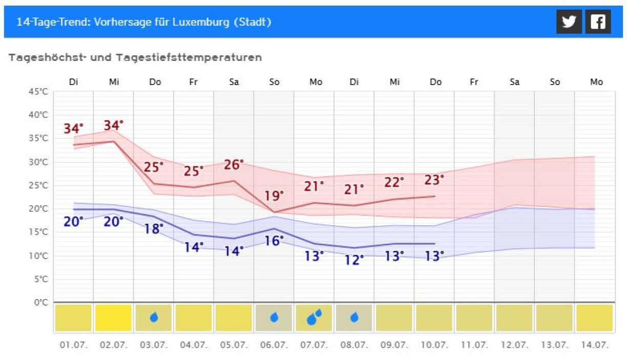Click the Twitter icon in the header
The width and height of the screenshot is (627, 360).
click(569, 22)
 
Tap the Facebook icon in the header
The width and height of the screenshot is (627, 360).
click(598, 22)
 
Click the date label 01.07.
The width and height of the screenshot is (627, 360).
click(74, 345)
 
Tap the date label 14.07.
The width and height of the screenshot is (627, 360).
click(595, 345)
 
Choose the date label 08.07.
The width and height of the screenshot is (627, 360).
click(354, 345)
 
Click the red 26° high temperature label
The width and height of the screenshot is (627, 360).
click(234, 165)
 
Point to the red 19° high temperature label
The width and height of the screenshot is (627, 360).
click(274, 196)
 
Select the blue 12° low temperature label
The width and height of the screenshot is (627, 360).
click(354, 260)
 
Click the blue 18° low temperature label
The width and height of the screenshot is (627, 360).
click(154, 229)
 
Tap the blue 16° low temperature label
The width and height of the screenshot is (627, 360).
click(274, 240)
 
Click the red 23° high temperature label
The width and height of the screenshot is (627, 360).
click(434, 180)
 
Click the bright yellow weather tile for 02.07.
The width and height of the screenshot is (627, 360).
click(114, 318)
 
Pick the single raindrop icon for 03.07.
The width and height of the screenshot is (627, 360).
click(154, 317)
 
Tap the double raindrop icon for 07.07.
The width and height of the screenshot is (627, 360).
click(314, 317)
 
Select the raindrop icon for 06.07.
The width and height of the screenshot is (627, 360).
click(274, 317)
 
